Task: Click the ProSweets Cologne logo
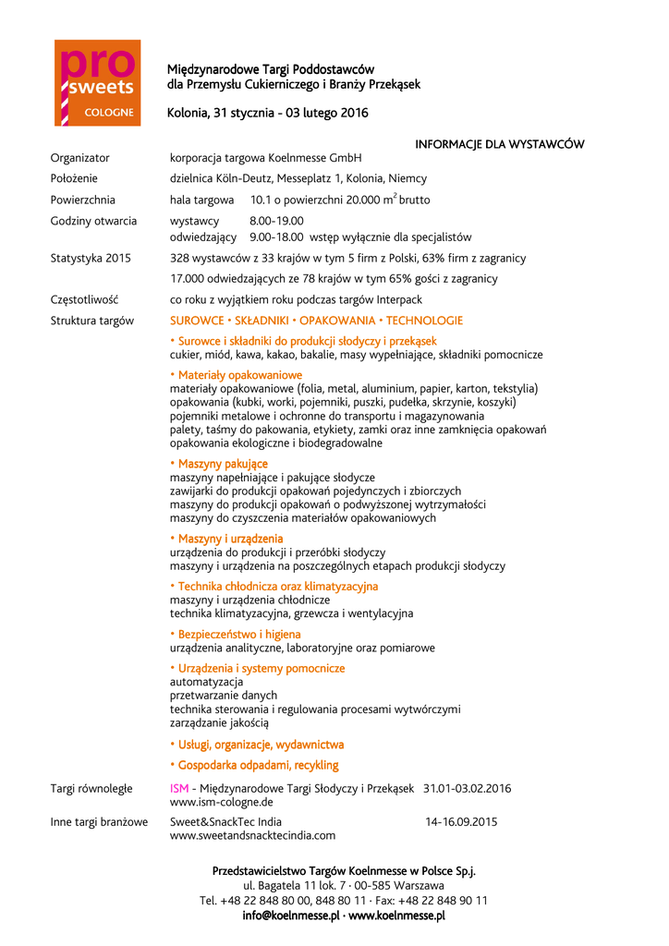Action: click(97, 82)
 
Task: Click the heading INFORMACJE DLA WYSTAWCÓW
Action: click(499, 144)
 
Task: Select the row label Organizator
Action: click(79, 158)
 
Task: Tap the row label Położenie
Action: click(74, 178)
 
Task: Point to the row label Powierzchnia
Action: click(82, 200)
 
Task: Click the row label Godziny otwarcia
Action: click(93, 221)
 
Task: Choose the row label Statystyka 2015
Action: click(91, 258)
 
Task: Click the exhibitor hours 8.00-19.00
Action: click(276, 221)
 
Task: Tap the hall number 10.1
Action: click(261, 200)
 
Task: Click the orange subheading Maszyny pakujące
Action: click(219, 464)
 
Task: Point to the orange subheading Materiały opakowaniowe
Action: click(237, 375)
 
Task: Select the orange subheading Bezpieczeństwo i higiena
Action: click(236, 635)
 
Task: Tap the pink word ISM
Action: click(179, 788)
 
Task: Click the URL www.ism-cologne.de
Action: click(221, 802)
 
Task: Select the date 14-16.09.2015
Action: click(461, 821)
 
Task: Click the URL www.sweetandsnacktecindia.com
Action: click(252, 835)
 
